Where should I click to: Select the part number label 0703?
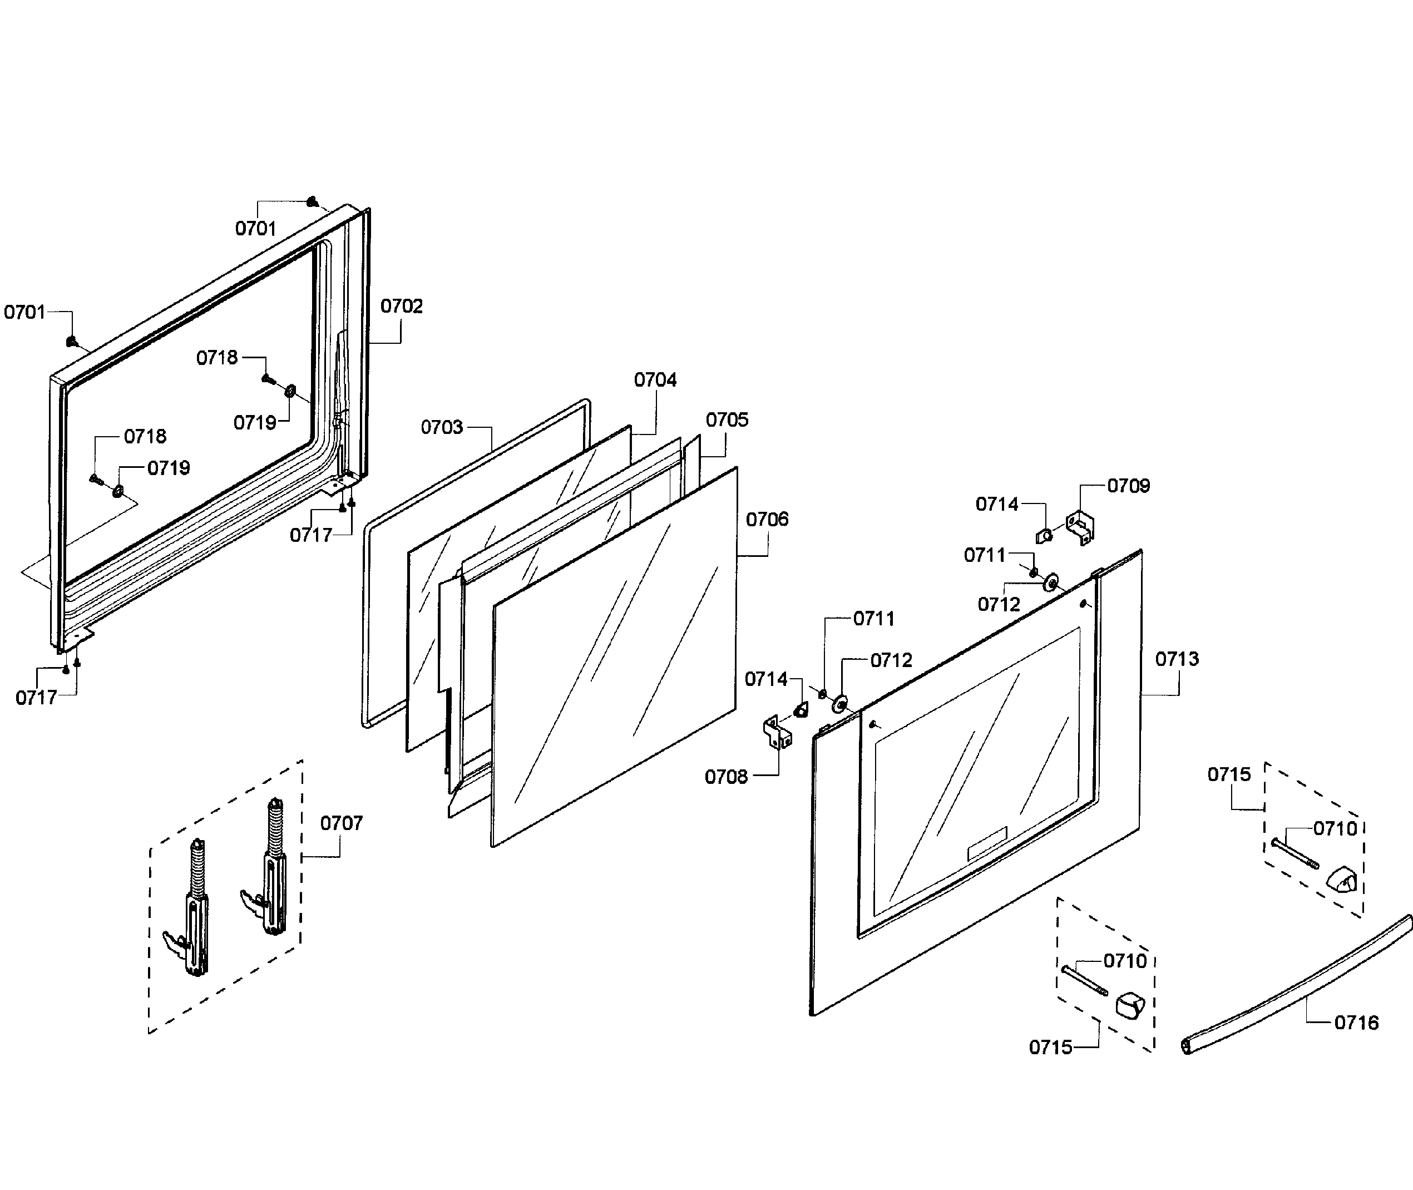[x=442, y=427]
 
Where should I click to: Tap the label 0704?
[x=655, y=380]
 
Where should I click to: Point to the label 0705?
[x=727, y=419]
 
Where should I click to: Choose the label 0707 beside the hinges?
[x=341, y=823]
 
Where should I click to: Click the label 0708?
[x=726, y=777]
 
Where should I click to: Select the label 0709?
[x=1128, y=486]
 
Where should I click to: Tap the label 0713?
[x=1177, y=659]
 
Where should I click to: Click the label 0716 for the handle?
[x=1356, y=1023]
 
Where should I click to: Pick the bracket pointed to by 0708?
[x=777, y=733]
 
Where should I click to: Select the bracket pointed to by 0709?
[x=1080, y=528]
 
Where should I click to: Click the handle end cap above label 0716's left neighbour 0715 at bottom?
[x=1131, y=1005]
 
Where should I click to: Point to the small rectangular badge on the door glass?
[x=987, y=843]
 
